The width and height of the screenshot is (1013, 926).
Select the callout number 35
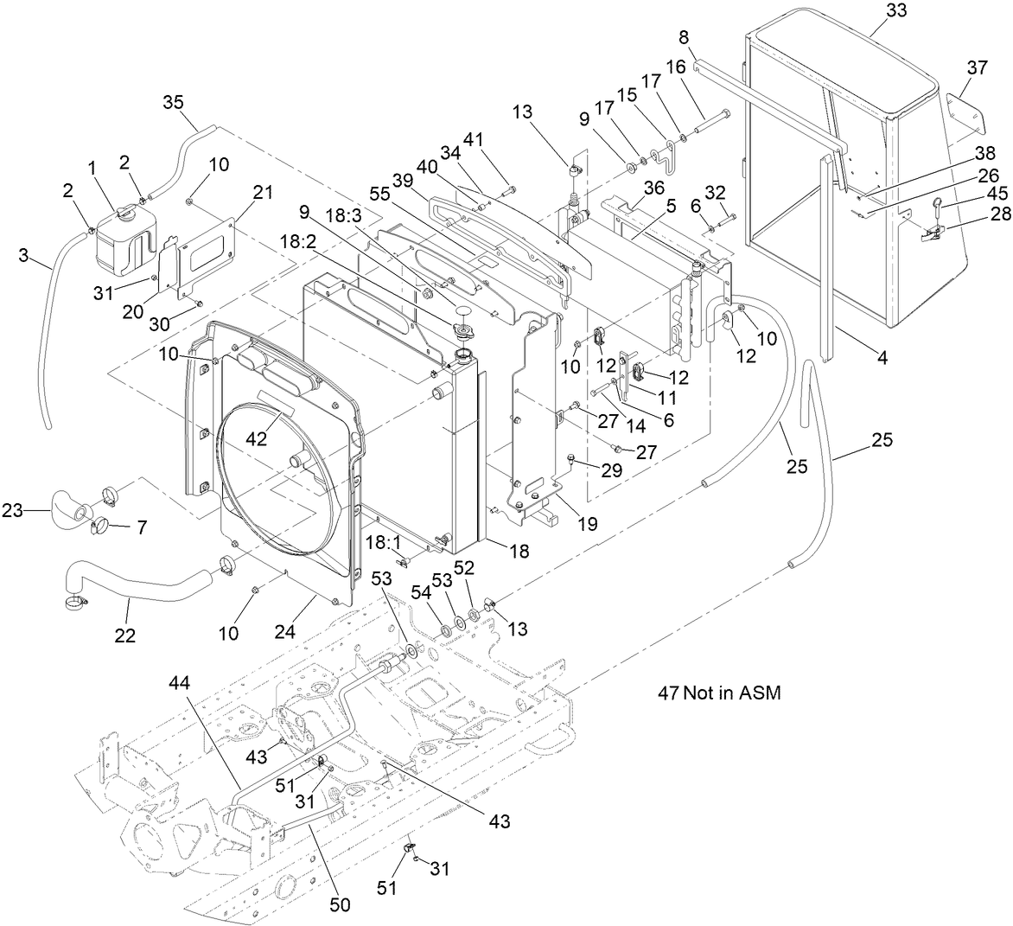[x=174, y=103]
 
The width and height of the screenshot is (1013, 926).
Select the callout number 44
[x=180, y=683]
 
